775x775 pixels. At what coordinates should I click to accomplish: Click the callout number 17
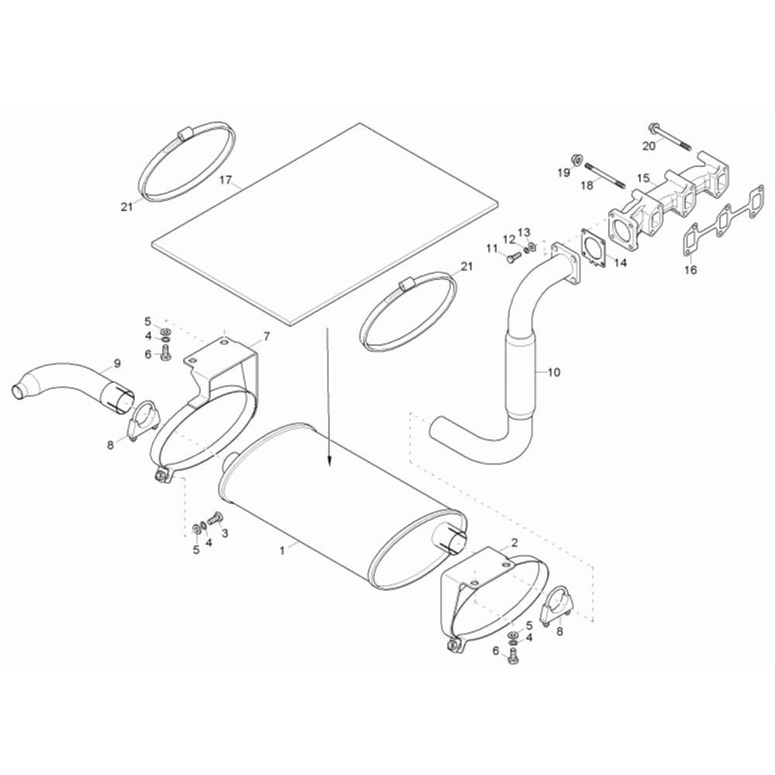coord(226,180)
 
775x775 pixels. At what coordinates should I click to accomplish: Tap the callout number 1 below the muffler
coord(282,550)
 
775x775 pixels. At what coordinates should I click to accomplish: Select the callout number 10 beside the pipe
coord(554,372)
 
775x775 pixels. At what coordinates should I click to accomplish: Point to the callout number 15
coord(642,177)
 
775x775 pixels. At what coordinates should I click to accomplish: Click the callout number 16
coord(691,270)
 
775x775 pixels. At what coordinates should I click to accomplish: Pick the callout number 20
coord(649,146)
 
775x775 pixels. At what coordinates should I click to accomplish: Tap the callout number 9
coord(117,363)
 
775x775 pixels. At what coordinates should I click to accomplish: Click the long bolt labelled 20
coord(670,136)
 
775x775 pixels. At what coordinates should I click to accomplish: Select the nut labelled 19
coord(575,159)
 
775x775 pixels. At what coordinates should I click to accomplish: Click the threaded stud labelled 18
coord(605,176)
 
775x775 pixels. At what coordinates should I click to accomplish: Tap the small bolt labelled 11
coord(514,258)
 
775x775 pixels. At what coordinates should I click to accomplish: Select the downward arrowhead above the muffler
coord(328,461)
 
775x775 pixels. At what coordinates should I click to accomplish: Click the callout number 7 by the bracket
coord(267,336)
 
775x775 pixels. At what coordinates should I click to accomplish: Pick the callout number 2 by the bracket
coord(515,542)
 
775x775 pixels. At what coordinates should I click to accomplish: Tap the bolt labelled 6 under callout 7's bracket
coord(166,353)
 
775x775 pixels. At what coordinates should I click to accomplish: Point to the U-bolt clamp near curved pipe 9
coord(143,422)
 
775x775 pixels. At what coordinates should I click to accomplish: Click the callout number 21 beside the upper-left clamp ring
coord(127,207)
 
